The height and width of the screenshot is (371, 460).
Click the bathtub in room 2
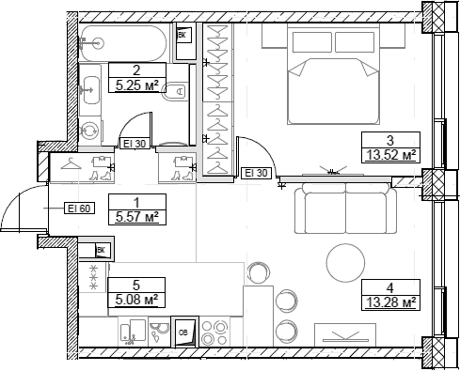tap(126, 42)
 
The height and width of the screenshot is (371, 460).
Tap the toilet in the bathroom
tap(175, 92)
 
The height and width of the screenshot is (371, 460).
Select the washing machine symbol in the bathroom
tap(91, 132)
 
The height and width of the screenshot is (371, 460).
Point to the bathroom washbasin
tap(92, 92)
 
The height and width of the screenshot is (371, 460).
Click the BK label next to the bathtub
tap(184, 35)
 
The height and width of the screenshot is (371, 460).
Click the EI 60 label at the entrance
tap(77, 209)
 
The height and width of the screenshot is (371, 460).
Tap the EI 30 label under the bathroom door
tap(133, 144)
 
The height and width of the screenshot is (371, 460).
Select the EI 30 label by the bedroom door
tap(256, 173)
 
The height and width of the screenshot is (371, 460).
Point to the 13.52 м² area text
tap(389, 156)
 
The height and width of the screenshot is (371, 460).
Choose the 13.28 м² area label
tap(389, 301)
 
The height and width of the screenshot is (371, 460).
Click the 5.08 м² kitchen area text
tap(136, 300)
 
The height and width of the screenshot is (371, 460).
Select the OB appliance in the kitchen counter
tap(183, 333)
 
